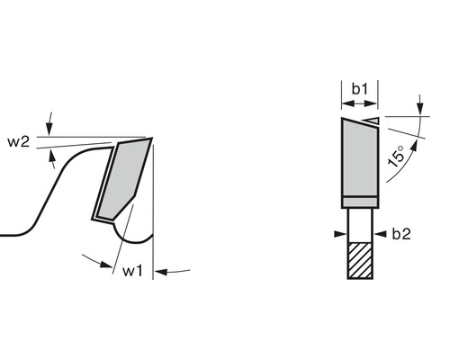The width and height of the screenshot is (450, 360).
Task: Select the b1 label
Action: (x=359, y=88)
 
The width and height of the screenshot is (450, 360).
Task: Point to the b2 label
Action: (x=401, y=234)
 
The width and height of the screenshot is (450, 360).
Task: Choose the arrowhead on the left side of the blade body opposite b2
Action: (x=339, y=234)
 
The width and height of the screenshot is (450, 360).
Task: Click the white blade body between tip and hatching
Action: (x=358, y=223)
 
